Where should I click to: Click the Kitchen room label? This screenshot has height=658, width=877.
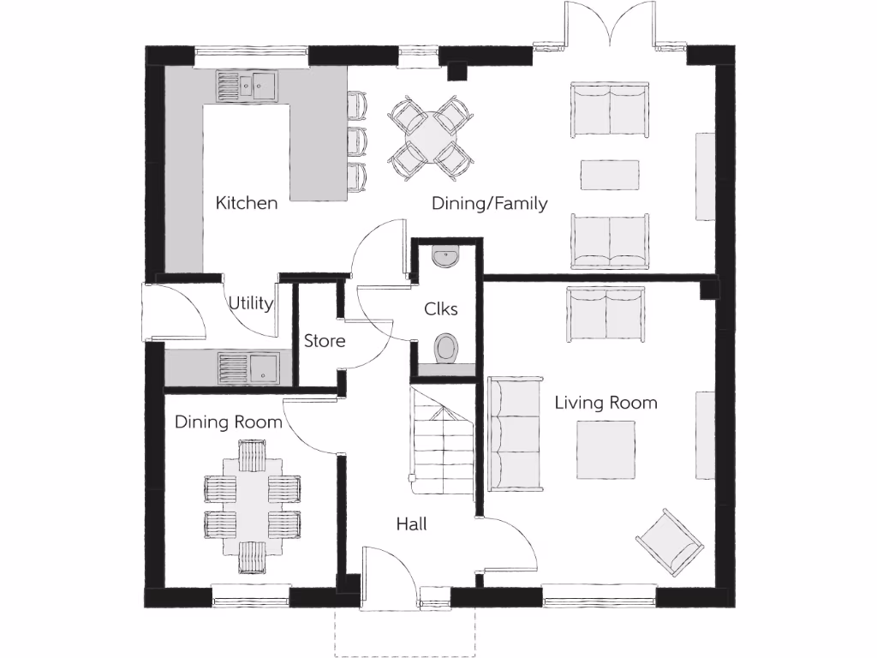tap(246, 203)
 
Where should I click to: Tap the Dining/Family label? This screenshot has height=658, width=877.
tap(489, 203)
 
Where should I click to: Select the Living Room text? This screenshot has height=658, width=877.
tap(606, 402)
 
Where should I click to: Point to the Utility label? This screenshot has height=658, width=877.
tap(251, 303)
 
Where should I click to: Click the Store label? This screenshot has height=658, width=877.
tap(325, 341)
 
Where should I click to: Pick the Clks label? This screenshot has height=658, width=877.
tap(441, 309)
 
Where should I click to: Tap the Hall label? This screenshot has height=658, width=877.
tap(411, 523)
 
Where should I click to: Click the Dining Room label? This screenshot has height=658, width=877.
tap(228, 422)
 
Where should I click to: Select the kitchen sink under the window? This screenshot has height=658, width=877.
tap(247, 84)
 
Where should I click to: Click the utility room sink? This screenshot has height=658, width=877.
tap(248, 368)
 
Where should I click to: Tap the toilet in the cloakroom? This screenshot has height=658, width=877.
tap(446, 348)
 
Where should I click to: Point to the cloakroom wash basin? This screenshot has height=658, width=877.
tap(446, 254)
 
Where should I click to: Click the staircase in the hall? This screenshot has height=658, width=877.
tap(442, 441)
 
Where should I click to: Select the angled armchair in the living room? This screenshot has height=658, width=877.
tap(669, 541)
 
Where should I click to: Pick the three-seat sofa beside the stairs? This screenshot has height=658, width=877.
tap(515, 434)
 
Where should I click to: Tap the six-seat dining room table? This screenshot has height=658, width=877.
tap(252, 500)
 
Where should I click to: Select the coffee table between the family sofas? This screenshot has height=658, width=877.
tap(610, 174)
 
